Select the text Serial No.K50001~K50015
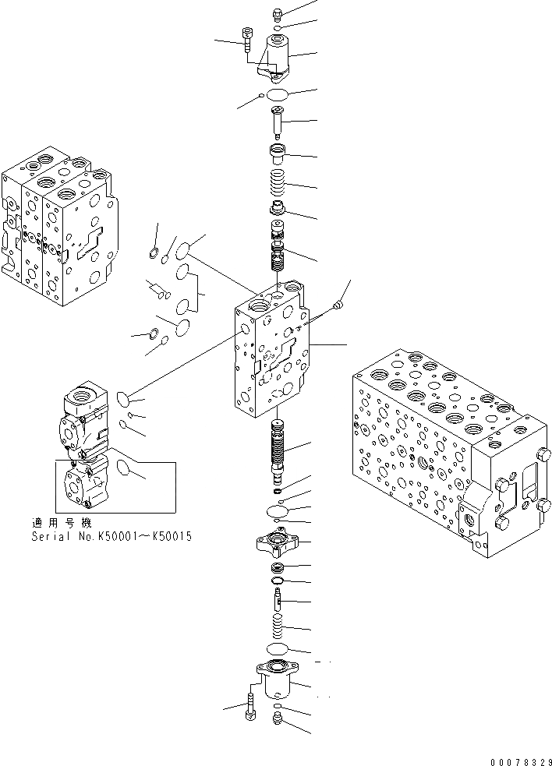pos(111,537)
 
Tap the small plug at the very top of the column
pos(278,12)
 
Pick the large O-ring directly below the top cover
pos(278,94)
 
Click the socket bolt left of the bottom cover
pos(249,708)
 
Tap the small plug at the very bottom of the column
pos(278,722)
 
